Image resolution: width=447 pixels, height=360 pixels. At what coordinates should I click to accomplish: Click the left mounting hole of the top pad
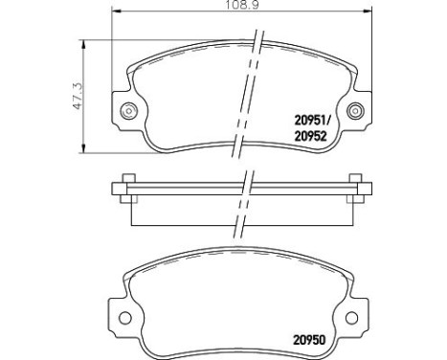click(126, 106)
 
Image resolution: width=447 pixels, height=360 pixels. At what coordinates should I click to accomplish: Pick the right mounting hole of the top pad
click(358, 106)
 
